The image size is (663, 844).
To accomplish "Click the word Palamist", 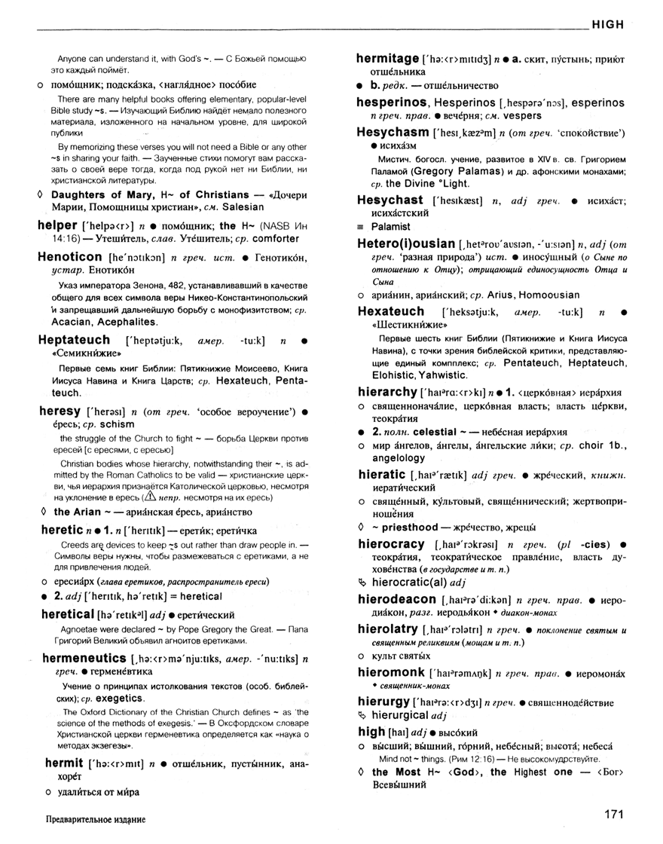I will tap(390, 226).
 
